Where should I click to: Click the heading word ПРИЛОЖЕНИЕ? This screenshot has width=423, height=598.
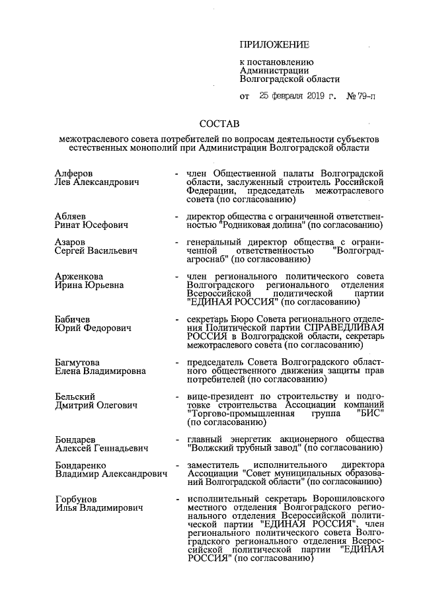point(274,45)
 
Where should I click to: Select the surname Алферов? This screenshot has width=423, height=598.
point(73,172)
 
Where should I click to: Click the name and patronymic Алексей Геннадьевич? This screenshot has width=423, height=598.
point(101,448)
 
